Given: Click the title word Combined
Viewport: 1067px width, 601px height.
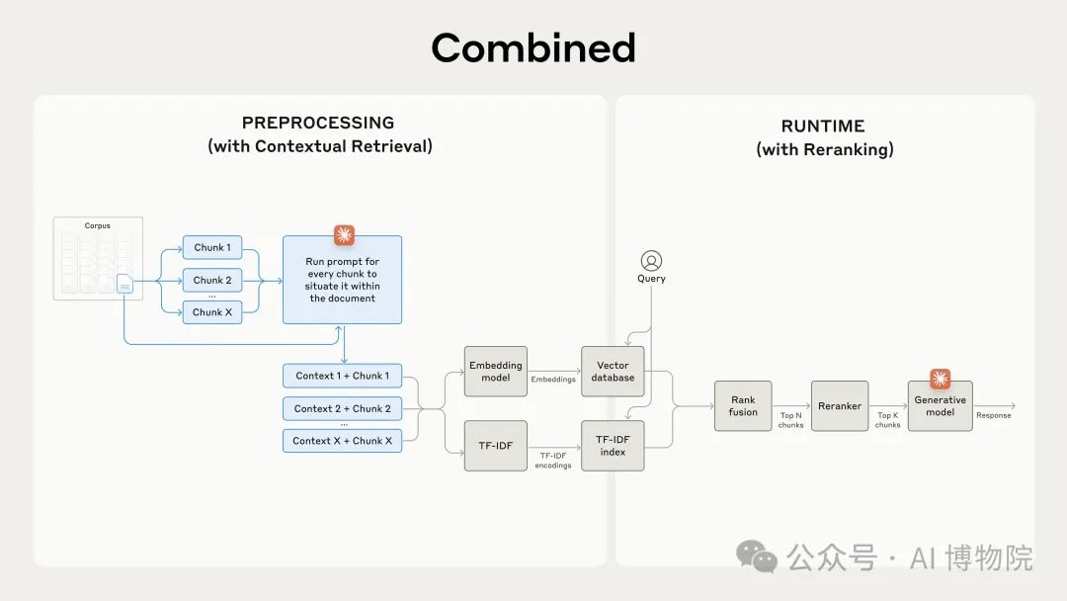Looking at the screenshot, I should click(x=533, y=48).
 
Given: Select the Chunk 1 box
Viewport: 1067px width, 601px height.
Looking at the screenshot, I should click(x=211, y=247).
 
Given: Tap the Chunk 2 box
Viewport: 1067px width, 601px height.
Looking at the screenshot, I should click(x=211, y=280).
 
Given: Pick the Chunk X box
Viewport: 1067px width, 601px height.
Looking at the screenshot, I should click(x=211, y=312).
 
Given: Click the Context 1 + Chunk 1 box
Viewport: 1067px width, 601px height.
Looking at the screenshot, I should click(x=342, y=376).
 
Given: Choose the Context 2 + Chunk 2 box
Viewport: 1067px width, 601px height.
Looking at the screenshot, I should click(x=342, y=408).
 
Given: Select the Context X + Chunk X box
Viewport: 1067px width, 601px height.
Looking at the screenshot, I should click(x=342, y=441).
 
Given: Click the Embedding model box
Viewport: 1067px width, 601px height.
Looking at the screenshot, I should click(x=495, y=372).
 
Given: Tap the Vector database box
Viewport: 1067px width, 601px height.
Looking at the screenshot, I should click(x=613, y=372).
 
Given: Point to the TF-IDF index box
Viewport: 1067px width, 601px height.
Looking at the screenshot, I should click(x=613, y=445).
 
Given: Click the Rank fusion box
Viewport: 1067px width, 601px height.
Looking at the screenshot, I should click(x=743, y=406).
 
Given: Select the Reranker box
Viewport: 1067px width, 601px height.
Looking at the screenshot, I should click(x=840, y=406).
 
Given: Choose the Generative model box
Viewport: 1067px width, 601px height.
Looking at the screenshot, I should click(x=940, y=406).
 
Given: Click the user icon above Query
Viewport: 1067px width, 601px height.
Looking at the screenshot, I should click(x=651, y=261).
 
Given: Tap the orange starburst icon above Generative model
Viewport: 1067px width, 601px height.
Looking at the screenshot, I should click(x=940, y=379).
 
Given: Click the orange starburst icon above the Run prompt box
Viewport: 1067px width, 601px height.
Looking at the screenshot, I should click(x=343, y=235).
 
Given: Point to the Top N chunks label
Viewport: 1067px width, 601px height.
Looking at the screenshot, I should click(x=791, y=420).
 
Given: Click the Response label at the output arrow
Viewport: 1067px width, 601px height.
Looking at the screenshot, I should click(x=993, y=416).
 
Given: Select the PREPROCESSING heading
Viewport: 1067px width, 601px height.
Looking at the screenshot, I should click(x=318, y=123).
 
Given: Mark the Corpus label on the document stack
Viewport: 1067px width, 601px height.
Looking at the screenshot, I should click(x=97, y=225).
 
